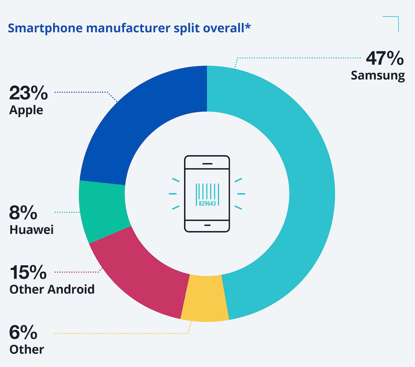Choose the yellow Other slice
click(204, 298)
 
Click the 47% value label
click(385, 59)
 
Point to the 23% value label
click(29, 93)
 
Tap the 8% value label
click(23, 213)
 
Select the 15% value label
click(28, 272)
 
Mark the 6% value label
click(23, 332)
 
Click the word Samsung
click(378, 76)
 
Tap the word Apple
click(26, 111)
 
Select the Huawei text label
click(31, 230)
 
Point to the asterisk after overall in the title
click(248, 26)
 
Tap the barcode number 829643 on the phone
click(207, 204)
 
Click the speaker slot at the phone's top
click(207, 164)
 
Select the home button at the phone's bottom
click(207, 225)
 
